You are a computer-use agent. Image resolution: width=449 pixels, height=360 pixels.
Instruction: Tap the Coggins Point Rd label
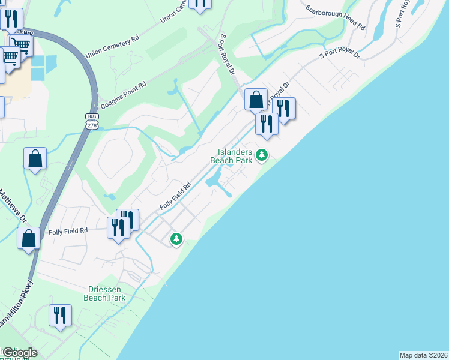124,94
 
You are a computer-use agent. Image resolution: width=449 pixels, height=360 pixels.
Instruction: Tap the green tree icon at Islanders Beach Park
261,155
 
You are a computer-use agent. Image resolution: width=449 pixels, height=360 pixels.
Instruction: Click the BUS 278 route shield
92,121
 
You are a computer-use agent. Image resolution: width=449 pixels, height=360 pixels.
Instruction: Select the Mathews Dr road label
14,206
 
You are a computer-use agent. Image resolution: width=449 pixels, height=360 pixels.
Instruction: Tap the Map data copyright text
423,355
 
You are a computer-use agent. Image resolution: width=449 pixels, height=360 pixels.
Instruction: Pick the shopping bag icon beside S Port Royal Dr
256,100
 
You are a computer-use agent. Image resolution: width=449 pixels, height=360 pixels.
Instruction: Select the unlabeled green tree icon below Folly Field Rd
176,239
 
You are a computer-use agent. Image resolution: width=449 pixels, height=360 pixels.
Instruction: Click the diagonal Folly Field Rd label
175,196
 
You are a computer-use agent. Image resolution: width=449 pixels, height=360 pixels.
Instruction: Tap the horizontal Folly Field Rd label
68,230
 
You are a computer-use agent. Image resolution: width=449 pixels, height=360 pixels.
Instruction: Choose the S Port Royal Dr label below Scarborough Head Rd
339,54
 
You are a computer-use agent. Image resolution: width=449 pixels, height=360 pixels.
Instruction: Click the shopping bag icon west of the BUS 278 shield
35,158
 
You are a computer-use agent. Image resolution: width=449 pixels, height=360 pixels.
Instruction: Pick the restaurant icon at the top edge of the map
200,3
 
